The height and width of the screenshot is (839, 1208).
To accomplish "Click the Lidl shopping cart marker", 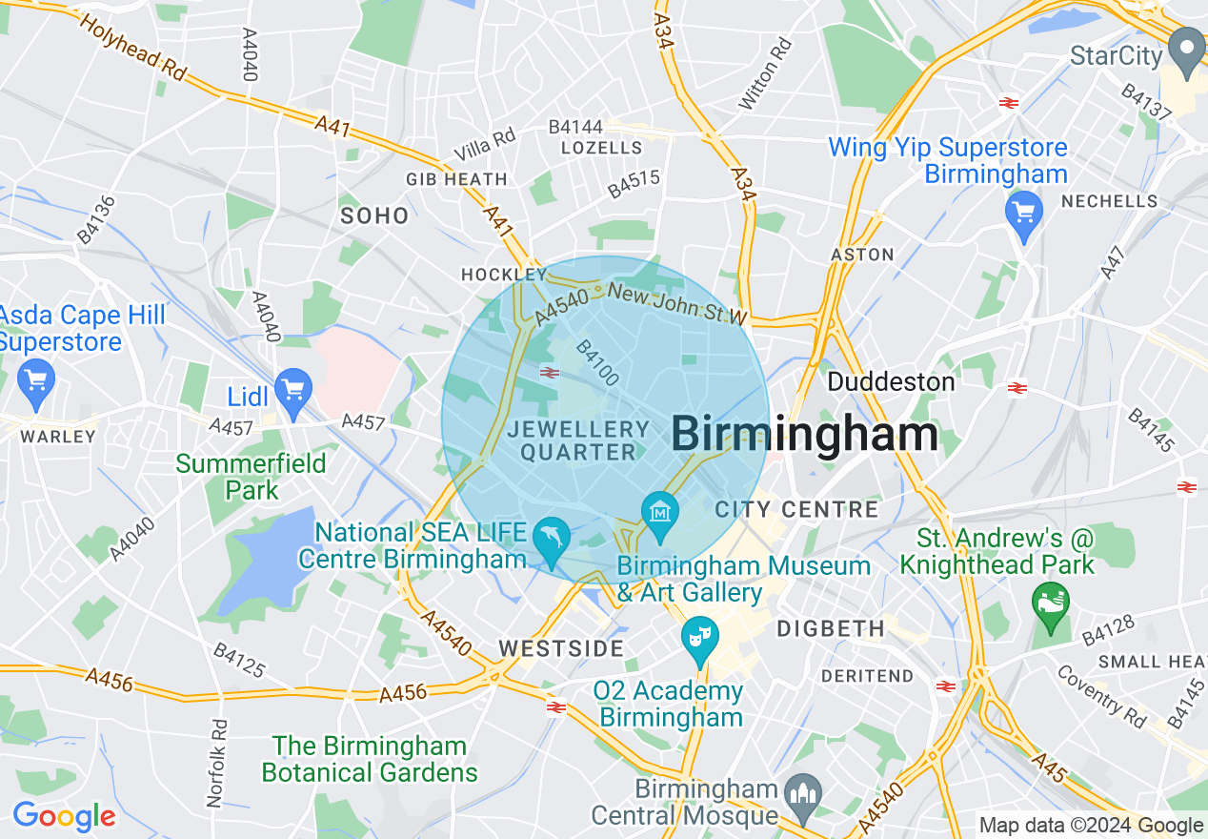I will coord(292,390).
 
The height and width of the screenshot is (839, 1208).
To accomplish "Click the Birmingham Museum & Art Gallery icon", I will coord(659,512).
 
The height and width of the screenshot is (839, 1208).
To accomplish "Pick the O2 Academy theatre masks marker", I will coord(700,637).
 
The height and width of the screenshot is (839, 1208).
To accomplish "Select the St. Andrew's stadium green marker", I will coord(1051,604).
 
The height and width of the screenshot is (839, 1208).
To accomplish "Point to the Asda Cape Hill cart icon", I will coord(36,381).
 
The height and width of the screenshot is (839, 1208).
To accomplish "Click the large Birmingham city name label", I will coord(805,435).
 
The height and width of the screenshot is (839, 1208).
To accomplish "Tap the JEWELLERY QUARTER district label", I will coord(578,440).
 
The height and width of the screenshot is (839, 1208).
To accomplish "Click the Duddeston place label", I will coord(891,382).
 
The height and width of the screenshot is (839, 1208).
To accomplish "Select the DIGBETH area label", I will coord(831,629).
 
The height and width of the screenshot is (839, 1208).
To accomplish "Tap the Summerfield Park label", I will coord(252,477).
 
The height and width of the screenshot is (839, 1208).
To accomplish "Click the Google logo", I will coord(64,816).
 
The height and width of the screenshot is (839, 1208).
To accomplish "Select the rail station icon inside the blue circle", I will coord(549,372).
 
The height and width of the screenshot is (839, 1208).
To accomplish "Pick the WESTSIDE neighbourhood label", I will coord(561,649).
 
